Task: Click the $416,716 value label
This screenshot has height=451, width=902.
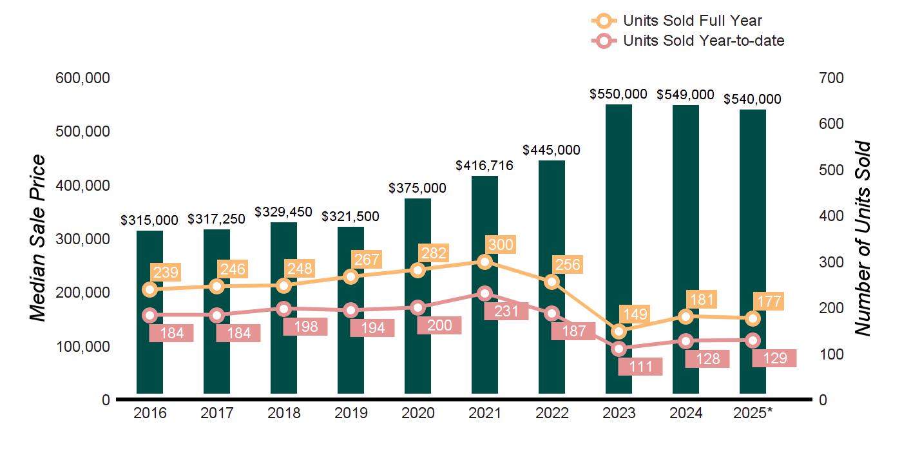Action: [484, 166]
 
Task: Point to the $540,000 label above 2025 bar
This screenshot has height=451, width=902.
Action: [752, 99]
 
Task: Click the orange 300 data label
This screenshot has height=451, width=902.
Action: [501, 245]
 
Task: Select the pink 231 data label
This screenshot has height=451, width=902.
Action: [506, 311]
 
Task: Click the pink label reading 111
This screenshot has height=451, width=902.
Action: [640, 367]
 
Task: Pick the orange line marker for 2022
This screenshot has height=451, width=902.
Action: [552, 282]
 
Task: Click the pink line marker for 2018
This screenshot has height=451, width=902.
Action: [283, 309]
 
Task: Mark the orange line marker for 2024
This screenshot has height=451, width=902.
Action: [686, 316]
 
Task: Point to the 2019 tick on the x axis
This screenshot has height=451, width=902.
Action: [350, 413]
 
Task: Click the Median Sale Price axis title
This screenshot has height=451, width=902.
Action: [38, 238]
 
